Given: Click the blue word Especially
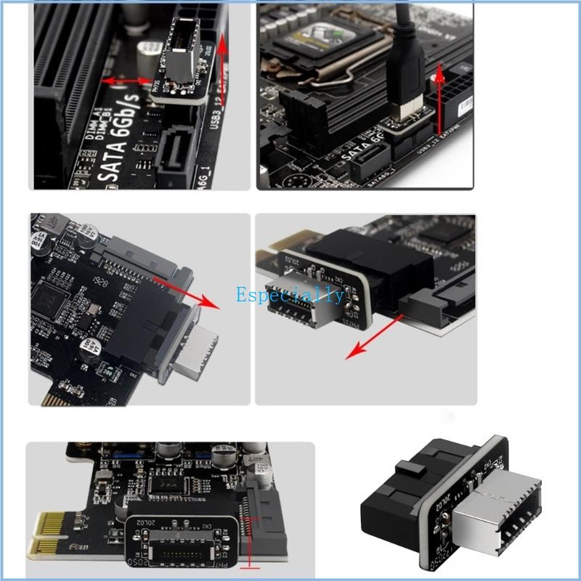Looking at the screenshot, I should click(290, 295).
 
